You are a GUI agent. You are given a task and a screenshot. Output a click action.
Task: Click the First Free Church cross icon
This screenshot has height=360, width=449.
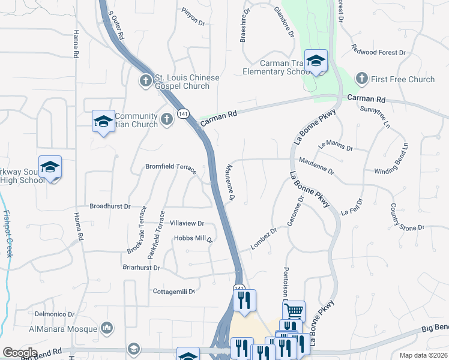[x=361, y=79]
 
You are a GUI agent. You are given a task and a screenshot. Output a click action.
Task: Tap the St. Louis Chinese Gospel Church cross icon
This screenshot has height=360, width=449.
[x=146, y=80]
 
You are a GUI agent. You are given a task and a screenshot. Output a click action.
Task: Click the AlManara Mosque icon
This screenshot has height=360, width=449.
[x=107, y=328]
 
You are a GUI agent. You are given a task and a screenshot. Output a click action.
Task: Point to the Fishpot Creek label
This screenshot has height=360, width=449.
[x=8, y=234]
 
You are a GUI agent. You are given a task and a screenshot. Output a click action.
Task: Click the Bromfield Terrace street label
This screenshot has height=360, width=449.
[x=171, y=167]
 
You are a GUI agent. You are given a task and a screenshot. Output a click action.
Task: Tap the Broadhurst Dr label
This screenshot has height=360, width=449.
[x=110, y=206]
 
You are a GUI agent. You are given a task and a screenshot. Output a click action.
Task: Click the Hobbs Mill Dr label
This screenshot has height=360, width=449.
[x=193, y=238]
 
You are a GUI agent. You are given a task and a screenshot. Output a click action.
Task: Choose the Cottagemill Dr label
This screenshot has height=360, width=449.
[x=175, y=292]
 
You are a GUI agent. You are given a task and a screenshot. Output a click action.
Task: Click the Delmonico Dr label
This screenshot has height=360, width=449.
[x=54, y=314]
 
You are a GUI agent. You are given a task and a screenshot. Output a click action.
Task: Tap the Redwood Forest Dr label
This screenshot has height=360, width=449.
[x=379, y=52]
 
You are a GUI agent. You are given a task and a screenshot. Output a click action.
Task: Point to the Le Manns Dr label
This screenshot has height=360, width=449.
[x=336, y=144]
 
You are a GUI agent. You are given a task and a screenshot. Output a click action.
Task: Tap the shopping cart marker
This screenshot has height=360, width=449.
[x=294, y=311]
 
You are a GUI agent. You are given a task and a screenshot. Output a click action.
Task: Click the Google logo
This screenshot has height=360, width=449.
[x=20, y=353]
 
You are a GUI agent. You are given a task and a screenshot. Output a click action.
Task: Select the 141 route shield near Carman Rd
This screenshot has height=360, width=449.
[x=182, y=114]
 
